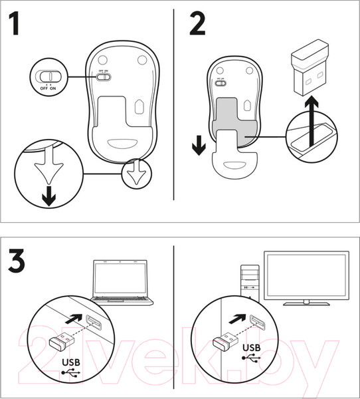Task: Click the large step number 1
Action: click(15, 24)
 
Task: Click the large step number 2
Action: click(197, 23)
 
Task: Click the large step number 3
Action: click(17, 261)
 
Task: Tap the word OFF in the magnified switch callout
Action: click(44, 88)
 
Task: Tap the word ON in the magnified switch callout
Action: click(53, 88)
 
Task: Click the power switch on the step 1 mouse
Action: click(104, 77)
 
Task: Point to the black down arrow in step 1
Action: click(48, 196)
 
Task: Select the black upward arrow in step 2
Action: click(311, 122)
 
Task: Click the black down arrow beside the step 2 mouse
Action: click(199, 145)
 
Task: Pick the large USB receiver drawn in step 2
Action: click(310, 67)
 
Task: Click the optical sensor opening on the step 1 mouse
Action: click(139, 106)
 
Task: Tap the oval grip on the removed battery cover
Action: click(234, 165)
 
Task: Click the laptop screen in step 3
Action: click(120, 278)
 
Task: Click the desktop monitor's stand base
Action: click(306, 304)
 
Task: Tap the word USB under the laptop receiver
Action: click(71, 362)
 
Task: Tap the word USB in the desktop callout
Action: click(252, 348)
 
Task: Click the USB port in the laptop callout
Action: click(94, 322)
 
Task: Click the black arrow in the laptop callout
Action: click(74, 319)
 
